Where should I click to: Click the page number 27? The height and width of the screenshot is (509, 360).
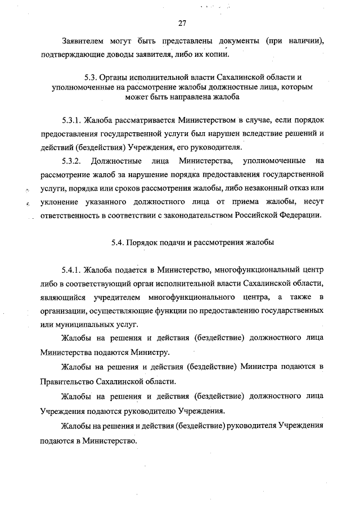(x=182, y=23)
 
